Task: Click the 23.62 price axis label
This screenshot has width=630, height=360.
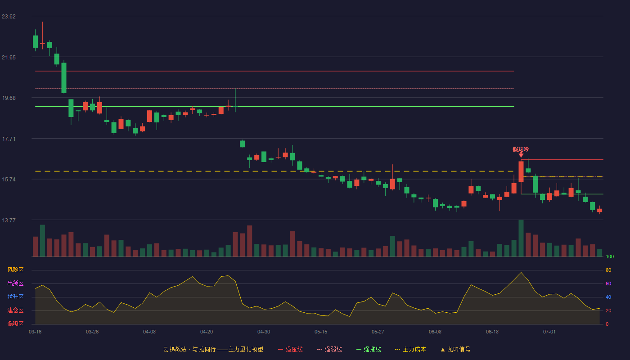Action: (x=9, y=17)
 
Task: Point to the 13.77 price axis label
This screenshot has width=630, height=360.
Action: (x=9, y=220)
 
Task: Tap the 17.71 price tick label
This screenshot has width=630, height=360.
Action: (x=9, y=139)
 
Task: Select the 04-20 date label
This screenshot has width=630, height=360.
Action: (x=207, y=332)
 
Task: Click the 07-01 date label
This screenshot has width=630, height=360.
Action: (x=549, y=332)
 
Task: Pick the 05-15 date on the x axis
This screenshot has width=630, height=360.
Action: (x=321, y=332)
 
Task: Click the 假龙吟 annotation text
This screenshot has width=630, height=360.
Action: (x=521, y=149)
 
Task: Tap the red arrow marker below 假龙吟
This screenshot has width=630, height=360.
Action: (x=521, y=155)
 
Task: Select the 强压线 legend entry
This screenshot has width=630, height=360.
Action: (x=290, y=349)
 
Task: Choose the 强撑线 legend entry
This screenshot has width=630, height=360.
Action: (x=369, y=349)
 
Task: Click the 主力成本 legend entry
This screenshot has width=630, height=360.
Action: (x=410, y=349)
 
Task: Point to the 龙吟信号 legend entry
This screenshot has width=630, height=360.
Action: (x=455, y=349)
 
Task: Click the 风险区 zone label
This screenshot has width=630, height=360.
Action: (x=15, y=270)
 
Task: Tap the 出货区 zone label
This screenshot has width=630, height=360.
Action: (x=15, y=283)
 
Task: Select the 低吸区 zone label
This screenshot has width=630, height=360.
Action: (x=15, y=324)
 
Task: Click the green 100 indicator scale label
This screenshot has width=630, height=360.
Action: (x=610, y=256)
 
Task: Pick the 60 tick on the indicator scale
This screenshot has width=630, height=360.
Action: (x=608, y=283)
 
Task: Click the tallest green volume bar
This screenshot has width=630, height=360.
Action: (x=521, y=238)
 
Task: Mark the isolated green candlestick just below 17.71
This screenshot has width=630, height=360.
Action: (x=243, y=144)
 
